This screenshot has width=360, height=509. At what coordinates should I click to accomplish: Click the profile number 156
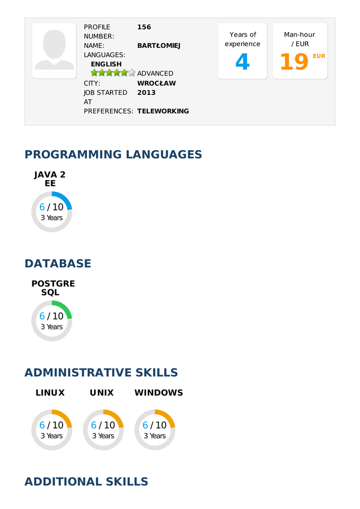click(144, 27)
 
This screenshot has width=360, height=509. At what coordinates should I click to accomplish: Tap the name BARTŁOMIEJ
click(159, 46)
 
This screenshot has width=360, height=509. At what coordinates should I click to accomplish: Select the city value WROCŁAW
click(156, 84)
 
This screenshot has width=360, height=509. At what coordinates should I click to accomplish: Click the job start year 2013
click(146, 92)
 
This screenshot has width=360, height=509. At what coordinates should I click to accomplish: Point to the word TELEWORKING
click(163, 111)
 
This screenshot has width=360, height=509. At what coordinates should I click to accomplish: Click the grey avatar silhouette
click(54, 50)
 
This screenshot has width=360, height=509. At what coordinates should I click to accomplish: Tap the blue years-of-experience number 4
click(242, 62)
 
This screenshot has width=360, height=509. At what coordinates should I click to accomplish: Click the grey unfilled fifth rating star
click(132, 73)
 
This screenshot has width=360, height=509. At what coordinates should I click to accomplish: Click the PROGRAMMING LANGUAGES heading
click(113, 155)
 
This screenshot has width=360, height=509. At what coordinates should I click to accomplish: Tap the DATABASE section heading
click(58, 263)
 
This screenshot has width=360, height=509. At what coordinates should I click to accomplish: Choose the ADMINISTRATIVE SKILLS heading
click(101, 373)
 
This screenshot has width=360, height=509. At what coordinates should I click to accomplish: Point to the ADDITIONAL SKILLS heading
click(86, 482)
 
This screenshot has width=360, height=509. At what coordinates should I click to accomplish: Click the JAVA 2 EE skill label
click(50, 179)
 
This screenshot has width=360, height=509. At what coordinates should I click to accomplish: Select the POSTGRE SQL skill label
click(53, 288)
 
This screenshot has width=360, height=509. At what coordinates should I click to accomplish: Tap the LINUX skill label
click(50, 393)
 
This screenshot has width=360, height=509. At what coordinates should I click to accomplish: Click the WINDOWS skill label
click(159, 393)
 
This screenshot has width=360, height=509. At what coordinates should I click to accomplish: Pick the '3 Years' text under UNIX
click(103, 436)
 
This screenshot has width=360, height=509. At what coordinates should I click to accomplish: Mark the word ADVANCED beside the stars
click(155, 74)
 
